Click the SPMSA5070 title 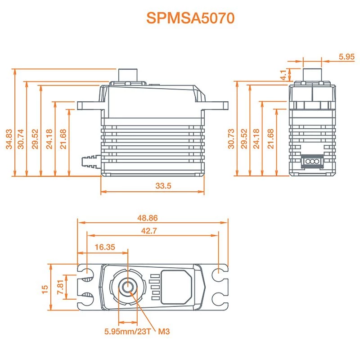pyautogui.click(x=190, y=18)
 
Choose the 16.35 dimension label pyautogui.click(x=105, y=247)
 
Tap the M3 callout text pyautogui.click(x=164, y=332)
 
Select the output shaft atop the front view pyautogui.click(x=127, y=75)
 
